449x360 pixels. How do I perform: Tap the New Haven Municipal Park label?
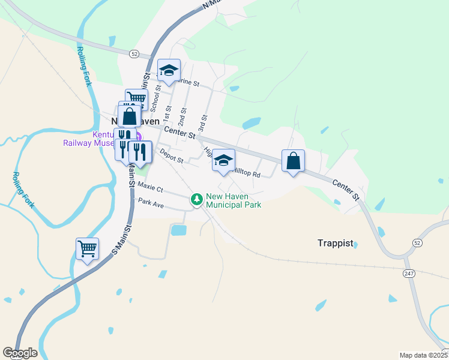pos(234,200)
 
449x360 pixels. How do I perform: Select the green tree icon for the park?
pos(196,199)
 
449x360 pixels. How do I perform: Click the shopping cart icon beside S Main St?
pos(87,248)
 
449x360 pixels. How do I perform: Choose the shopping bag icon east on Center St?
pos(293,161)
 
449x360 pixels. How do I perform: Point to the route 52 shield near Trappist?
pos(417,242)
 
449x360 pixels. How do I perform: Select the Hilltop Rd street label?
pos(247,174)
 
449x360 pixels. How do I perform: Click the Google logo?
pos(20,353)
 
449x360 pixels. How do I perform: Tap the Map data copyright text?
pos(424,355)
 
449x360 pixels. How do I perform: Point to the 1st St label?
pos(169,113)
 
